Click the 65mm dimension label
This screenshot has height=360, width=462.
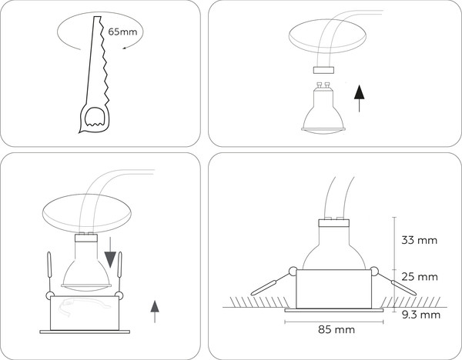[122, 32]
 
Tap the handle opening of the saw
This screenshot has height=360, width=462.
[95, 117]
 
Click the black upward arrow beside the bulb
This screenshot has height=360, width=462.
[359, 98]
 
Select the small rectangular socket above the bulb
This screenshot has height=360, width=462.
[323, 70]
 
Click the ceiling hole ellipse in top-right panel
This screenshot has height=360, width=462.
[327, 36]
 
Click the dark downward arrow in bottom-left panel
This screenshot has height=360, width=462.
[110, 252]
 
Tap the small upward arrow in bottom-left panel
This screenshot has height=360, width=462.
[155, 312]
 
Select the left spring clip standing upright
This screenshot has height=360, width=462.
[49, 275]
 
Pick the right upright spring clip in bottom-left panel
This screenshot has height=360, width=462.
[119, 275]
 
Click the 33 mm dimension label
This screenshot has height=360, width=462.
[420, 240]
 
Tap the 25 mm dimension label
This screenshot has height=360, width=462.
[420, 277]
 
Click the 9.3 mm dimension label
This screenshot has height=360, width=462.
[421, 315]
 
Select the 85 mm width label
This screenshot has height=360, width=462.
[336, 329]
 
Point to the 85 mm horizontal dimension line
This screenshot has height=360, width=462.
[334, 322]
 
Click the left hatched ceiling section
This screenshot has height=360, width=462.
[256, 302]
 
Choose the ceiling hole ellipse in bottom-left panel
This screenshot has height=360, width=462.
[86, 213]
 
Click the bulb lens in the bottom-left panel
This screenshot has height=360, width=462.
[86, 285]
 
